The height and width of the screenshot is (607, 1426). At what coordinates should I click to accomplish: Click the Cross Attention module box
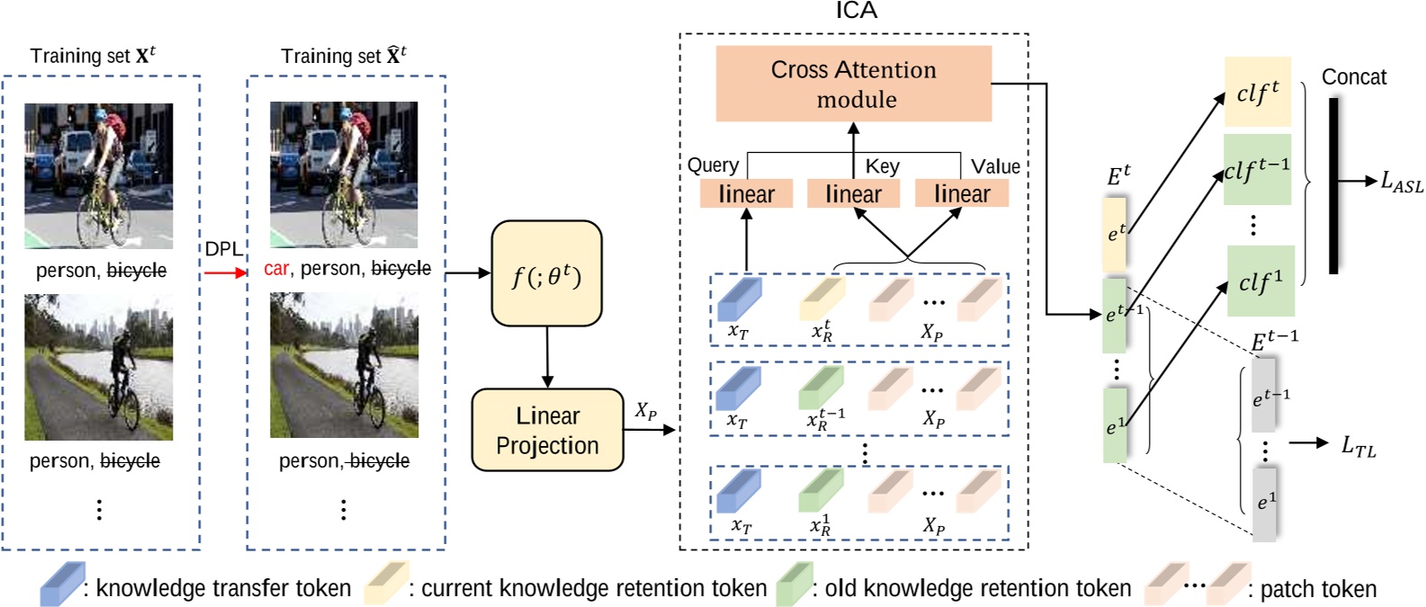tap(853, 84)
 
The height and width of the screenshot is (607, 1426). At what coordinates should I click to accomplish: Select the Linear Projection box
tap(547, 430)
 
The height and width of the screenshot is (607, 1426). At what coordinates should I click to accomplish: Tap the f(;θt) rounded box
tap(546, 273)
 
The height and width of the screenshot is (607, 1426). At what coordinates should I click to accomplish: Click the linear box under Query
tap(746, 193)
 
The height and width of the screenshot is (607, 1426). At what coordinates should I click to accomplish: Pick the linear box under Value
tap(961, 193)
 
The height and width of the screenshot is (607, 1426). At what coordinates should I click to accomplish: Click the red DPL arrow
tap(225, 272)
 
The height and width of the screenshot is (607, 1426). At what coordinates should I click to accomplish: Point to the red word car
tap(276, 269)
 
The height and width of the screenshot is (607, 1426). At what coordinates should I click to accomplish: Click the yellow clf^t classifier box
tap(1257, 92)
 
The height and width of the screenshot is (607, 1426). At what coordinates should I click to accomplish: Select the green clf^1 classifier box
tap(1260, 281)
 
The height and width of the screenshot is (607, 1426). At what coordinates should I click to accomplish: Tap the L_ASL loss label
tap(1402, 183)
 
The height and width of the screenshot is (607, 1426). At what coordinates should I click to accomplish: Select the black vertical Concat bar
tap(1333, 185)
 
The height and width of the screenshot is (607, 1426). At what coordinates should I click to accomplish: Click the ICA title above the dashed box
tap(856, 11)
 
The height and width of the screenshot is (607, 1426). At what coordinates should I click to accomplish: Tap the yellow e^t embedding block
tap(1115, 234)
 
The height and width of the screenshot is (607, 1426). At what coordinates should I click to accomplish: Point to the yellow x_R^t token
tap(821, 301)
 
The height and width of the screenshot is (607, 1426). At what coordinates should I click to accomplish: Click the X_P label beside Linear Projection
tap(645, 411)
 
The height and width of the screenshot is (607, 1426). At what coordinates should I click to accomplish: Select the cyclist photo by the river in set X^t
tap(98, 368)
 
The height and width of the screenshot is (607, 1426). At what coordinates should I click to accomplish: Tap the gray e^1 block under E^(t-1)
tap(1264, 503)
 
